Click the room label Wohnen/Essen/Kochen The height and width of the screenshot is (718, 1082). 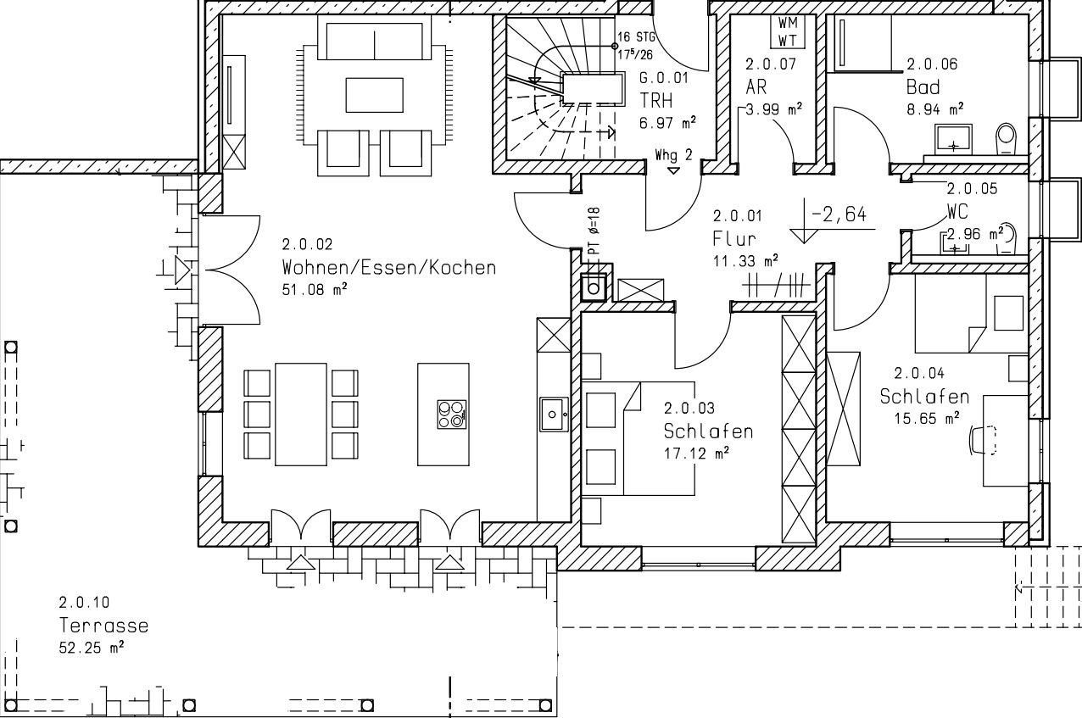click(x=389, y=268)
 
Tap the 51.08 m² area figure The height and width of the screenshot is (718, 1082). click(x=315, y=289)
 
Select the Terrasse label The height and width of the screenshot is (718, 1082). click(x=103, y=626)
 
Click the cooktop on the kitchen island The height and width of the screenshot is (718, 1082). click(x=452, y=415)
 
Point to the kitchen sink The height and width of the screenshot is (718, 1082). click(x=554, y=414)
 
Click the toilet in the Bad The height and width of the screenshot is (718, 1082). click(x=1007, y=138)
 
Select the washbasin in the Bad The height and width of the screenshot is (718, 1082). click(x=953, y=140)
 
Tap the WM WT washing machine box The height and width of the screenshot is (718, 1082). click(x=788, y=32)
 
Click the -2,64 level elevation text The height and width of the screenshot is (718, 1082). click(x=839, y=214)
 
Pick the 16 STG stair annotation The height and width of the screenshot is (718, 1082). click(x=636, y=36)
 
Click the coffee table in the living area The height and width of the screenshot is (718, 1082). click(x=374, y=95)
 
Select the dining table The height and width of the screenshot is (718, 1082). click(x=301, y=415)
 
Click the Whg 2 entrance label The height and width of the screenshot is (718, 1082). click(x=673, y=155)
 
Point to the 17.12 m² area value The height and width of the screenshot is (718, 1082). click(x=696, y=453)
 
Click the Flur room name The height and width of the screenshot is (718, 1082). click(x=734, y=238)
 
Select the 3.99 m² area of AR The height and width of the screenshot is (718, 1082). click(x=774, y=109)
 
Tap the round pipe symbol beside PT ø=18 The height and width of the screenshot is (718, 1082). click(x=594, y=289)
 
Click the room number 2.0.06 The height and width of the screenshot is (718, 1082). click(x=932, y=64)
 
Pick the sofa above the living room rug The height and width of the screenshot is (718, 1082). click(x=374, y=37)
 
